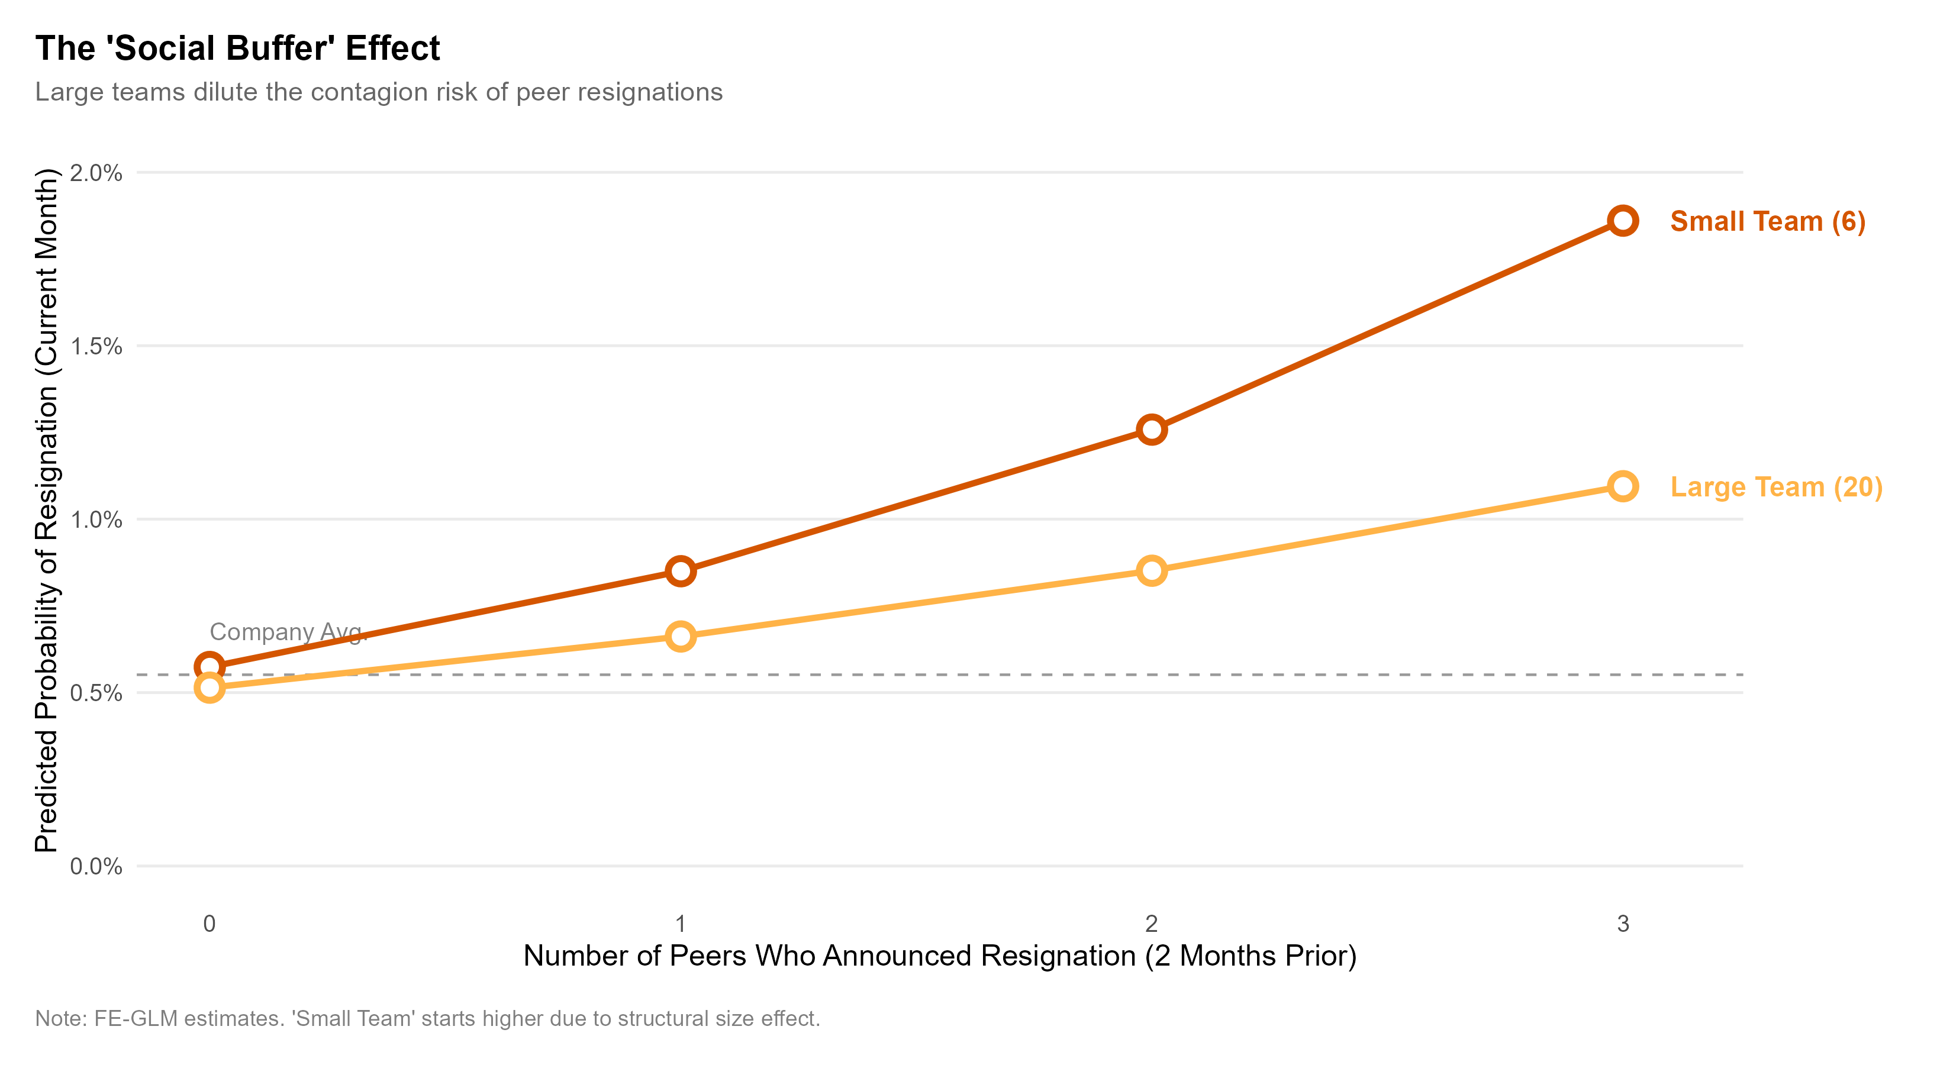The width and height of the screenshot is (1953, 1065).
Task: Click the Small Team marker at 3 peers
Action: pyautogui.click(x=1622, y=221)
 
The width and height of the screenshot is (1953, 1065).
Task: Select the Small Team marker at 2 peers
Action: pyautogui.click(x=1151, y=430)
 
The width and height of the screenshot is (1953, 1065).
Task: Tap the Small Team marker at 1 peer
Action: pyautogui.click(x=681, y=571)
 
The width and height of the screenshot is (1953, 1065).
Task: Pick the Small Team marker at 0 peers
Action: pyautogui.click(x=210, y=667)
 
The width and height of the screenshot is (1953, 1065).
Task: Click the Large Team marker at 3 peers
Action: pyautogui.click(x=1622, y=486)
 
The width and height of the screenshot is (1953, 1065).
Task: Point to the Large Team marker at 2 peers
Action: pyautogui.click(x=1151, y=570)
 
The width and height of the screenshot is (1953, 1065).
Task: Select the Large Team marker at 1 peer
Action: pyautogui.click(x=681, y=636)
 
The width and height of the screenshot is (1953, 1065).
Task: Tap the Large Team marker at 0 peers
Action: pyautogui.click(x=210, y=688)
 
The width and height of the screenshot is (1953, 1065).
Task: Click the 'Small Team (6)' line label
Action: pyautogui.click(x=1767, y=221)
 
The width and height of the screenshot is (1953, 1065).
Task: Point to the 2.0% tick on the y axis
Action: pyautogui.click(x=96, y=173)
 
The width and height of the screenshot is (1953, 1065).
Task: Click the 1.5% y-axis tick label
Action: pyautogui.click(x=96, y=346)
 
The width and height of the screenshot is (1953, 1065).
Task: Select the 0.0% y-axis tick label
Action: pyautogui.click(x=96, y=866)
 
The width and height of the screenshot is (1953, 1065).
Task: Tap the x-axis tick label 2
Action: pyautogui.click(x=1151, y=923)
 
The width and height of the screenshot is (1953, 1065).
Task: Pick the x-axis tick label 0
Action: pyautogui.click(x=210, y=923)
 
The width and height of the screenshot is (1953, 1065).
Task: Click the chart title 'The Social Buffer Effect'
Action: pyautogui.click(x=237, y=49)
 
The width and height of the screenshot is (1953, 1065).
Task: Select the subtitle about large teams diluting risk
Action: pyautogui.click(x=378, y=92)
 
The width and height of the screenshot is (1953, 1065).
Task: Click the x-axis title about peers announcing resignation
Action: pyautogui.click(x=939, y=956)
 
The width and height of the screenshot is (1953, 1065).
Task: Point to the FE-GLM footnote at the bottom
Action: pyautogui.click(x=428, y=1018)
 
